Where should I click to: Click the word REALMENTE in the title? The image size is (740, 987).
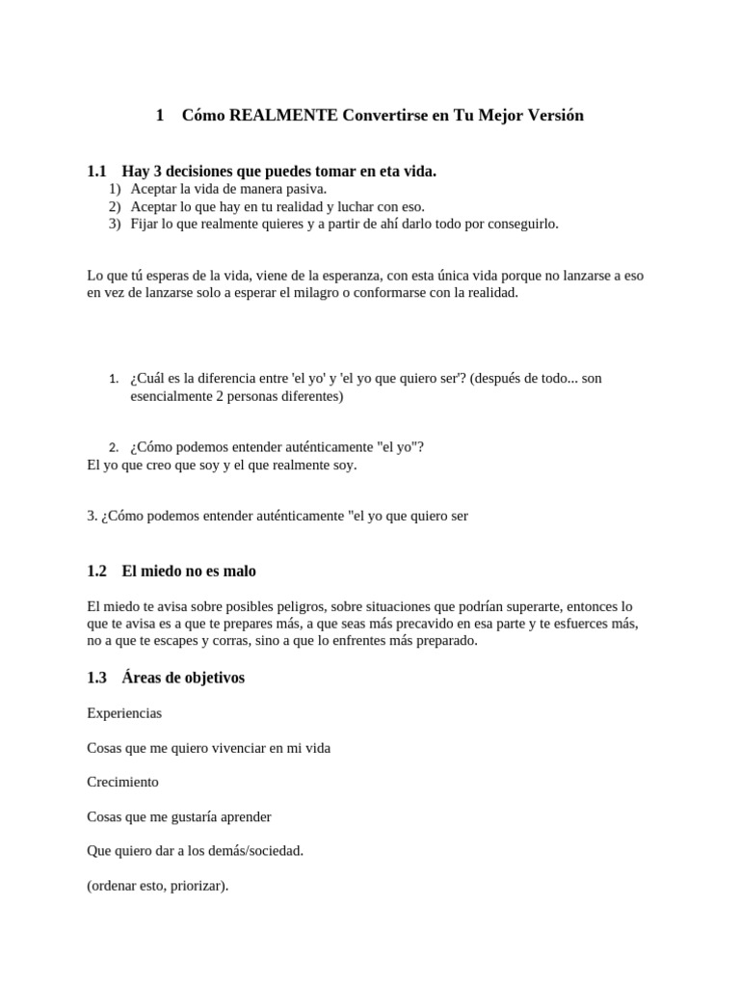[285, 116]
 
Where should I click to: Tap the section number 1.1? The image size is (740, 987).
[96, 172]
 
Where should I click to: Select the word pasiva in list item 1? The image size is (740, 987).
[306, 189]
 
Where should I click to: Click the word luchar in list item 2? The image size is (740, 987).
[348, 206]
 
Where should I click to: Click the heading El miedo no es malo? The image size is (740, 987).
[189, 572]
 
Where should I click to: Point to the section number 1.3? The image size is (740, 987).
[96, 678]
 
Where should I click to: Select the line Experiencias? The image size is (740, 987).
[124, 713]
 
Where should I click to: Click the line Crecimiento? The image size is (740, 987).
[122, 782]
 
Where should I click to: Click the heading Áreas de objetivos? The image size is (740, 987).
[183, 678]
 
